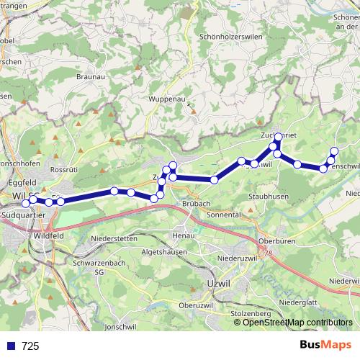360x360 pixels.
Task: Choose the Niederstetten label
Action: pyautogui.click(x=114, y=237)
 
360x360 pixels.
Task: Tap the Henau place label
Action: pyautogui.click(x=185, y=236)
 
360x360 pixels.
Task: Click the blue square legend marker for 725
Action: pyautogui.click(x=11, y=346)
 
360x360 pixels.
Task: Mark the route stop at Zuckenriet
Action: pyautogui.click(x=279, y=137)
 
